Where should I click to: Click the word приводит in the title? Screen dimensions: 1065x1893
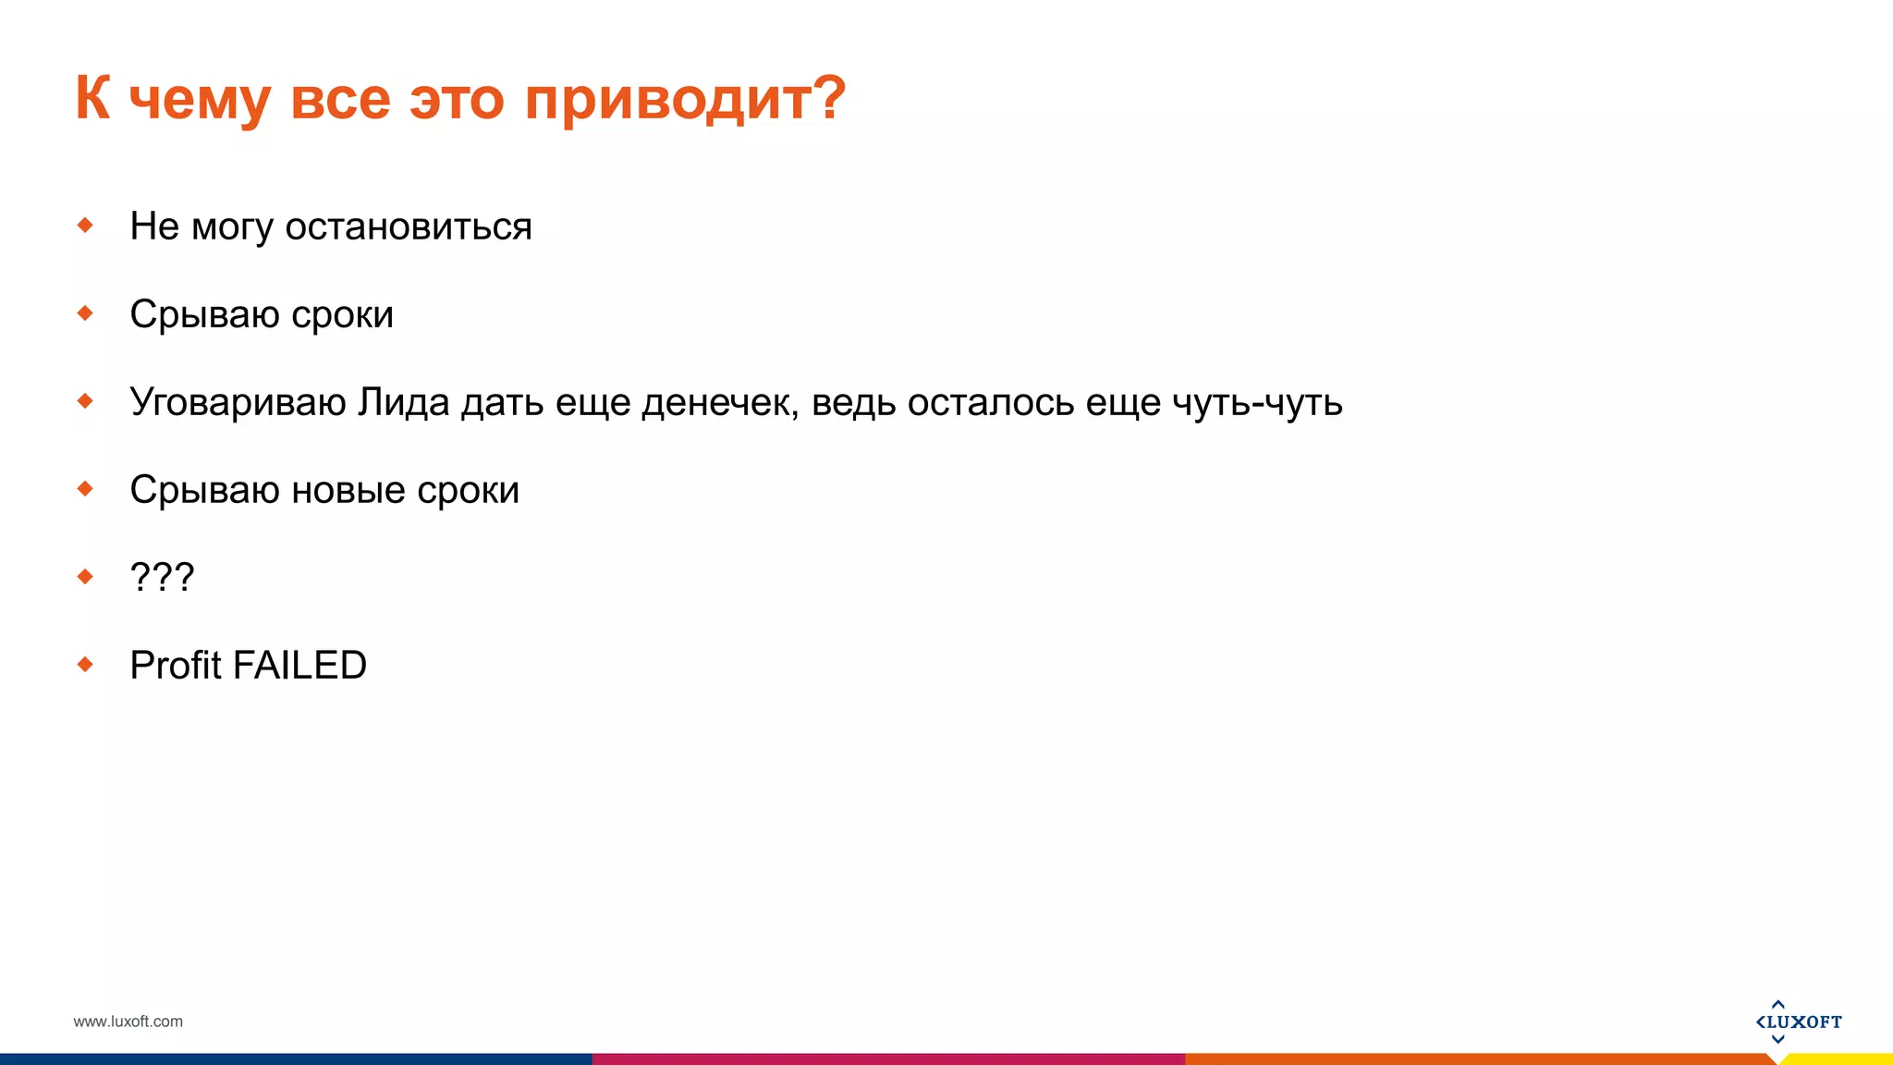click(684, 98)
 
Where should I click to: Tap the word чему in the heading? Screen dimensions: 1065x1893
click(200, 98)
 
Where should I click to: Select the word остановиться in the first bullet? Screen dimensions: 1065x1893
click(408, 226)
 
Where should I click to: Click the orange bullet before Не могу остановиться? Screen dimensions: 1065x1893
click(85, 225)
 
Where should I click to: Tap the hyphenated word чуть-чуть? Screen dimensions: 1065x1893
click(1257, 402)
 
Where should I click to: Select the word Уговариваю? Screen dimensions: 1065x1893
click(238, 402)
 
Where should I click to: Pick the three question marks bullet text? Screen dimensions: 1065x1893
click(162, 577)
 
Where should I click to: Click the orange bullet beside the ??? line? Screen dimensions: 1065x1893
click(85, 576)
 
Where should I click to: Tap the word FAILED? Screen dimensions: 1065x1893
click(299, 666)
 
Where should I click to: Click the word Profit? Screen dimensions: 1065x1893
click(176, 666)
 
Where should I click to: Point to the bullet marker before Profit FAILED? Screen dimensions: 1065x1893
click(85, 664)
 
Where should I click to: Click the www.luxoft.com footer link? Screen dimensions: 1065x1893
click(128, 1022)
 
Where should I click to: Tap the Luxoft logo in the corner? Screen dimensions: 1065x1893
click(1798, 1022)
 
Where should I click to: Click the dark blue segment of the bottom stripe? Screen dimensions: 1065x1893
click(296, 1059)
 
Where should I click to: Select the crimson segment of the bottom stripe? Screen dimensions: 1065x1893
click(887, 1059)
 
